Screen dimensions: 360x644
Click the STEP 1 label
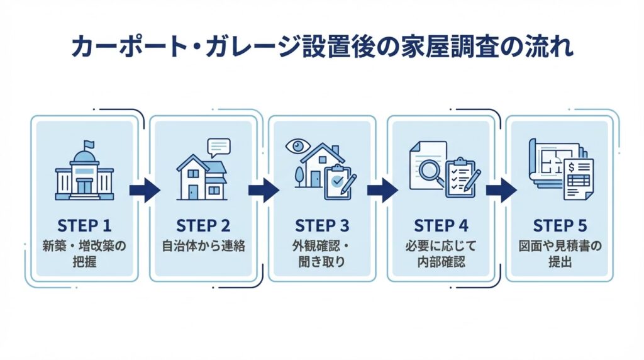[x=84, y=225]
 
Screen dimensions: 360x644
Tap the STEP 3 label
[x=322, y=225]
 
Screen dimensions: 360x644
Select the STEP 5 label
[x=559, y=225]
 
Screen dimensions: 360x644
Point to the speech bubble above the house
[x=219, y=147]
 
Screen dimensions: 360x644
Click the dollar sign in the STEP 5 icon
[x=573, y=167]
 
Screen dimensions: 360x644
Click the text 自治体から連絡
[x=203, y=245]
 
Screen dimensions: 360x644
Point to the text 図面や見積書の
[x=559, y=245]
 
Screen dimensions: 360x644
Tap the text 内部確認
[x=440, y=262]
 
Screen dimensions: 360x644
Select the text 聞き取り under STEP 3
[x=322, y=262]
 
